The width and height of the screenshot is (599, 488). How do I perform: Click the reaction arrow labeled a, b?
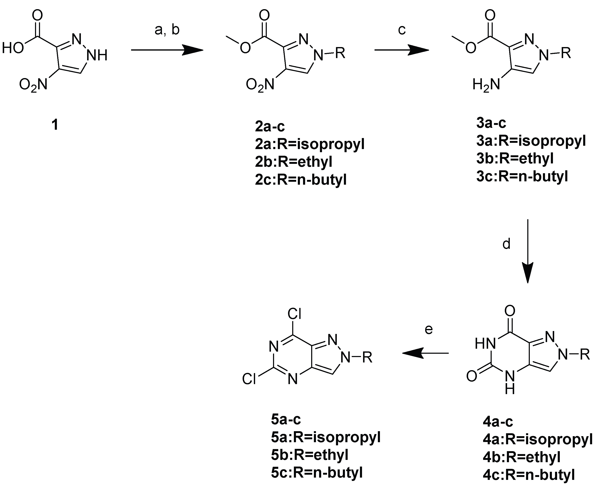click(x=167, y=51)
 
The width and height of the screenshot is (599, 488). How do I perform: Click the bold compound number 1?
click(x=55, y=124)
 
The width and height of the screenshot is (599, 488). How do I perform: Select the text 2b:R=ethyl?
click(x=293, y=162)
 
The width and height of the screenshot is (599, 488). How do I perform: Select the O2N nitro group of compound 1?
click(x=33, y=84)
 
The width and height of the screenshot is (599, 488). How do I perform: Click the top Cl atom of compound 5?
click(x=294, y=314)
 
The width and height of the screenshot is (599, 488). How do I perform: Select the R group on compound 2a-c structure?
click(x=340, y=53)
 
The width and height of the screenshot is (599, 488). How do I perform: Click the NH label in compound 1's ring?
click(x=97, y=55)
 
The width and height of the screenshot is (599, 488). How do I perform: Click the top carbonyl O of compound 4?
click(x=510, y=311)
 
